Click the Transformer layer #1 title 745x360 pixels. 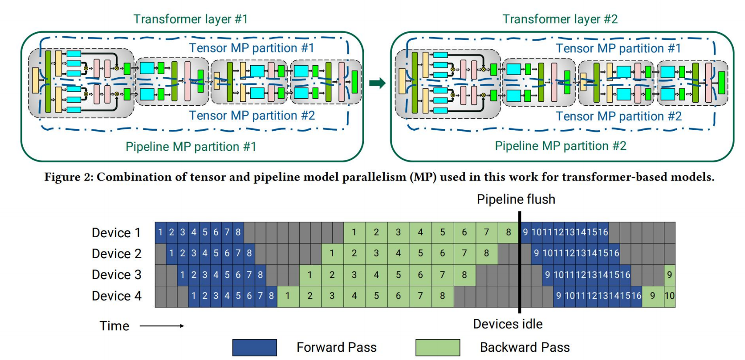click(x=190, y=19)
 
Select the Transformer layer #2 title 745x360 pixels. click(x=560, y=19)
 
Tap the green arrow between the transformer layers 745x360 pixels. click(x=377, y=83)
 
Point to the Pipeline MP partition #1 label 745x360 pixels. click(x=191, y=146)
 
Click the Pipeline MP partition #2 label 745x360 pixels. click(x=561, y=146)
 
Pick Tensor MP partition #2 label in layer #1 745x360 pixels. click(x=252, y=115)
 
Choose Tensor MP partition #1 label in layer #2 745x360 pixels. click(x=619, y=48)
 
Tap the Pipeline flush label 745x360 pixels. click(x=516, y=199)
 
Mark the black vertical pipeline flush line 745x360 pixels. click(x=520, y=262)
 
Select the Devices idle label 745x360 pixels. click(x=508, y=324)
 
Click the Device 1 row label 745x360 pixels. click(x=117, y=232)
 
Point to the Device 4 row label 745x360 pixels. click(x=117, y=296)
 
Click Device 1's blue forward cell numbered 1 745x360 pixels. click(x=160, y=232)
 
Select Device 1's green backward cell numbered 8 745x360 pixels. click(x=508, y=232)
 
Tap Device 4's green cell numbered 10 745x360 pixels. click(x=670, y=296)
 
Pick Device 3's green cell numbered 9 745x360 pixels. click(x=670, y=275)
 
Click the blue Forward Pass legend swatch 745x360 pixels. click(x=255, y=348)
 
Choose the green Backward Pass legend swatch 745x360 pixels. click(x=438, y=348)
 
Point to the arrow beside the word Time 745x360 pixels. click(x=162, y=326)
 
